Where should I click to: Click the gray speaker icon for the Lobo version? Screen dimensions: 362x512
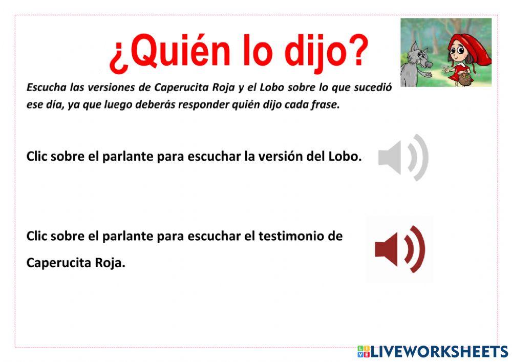click(x=403, y=158)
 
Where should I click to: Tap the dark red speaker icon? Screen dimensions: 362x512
click(x=400, y=249)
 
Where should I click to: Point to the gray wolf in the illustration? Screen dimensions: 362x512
click(x=417, y=64)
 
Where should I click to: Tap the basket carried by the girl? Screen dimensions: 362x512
click(x=465, y=78)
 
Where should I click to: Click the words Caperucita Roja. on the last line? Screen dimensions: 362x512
click(x=76, y=263)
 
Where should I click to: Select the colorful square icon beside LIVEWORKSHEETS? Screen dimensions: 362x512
click(x=364, y=351)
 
